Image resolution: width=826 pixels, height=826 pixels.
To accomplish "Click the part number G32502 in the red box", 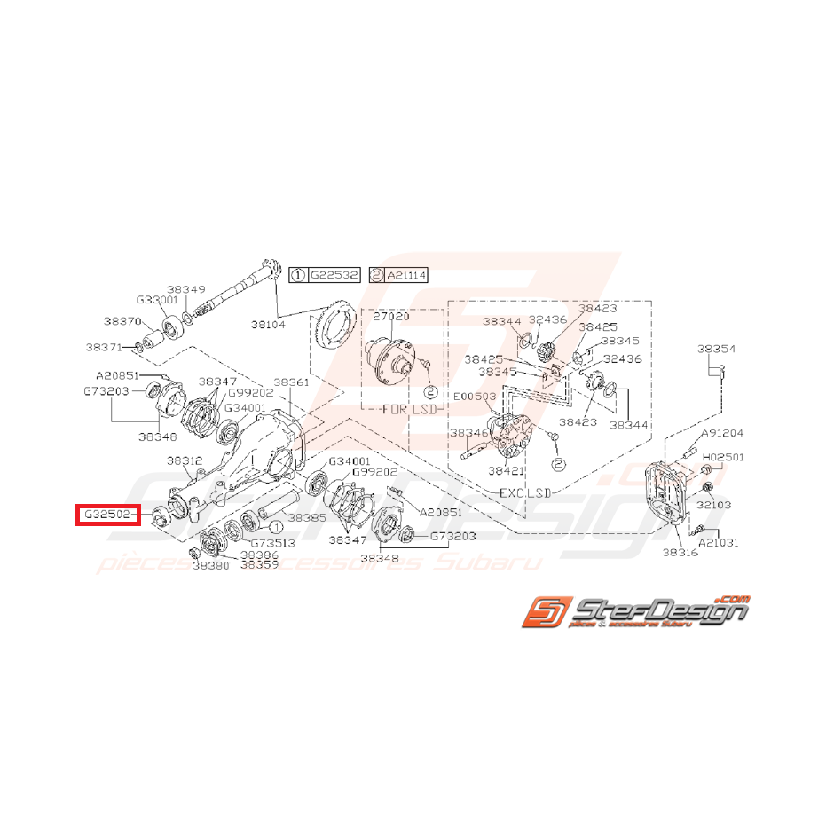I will pos(107,515).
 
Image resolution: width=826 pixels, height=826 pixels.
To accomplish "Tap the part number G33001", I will pos(157,300).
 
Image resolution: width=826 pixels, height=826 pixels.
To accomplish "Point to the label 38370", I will pos(122,321).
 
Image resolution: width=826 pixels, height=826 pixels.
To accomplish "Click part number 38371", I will pos(105,347).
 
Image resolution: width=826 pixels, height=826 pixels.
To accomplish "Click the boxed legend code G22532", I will pos(334,276).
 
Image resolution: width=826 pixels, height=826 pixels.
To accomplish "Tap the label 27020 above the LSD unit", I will pos(391,316).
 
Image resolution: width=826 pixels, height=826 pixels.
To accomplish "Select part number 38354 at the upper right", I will pos(716,350).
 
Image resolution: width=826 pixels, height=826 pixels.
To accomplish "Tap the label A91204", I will pos(722,434).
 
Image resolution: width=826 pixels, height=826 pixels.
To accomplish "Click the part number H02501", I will pos(723,457).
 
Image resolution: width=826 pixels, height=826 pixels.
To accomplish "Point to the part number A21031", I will pos(719,541).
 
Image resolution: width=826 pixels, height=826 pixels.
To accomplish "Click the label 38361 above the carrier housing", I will pos(291,382).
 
